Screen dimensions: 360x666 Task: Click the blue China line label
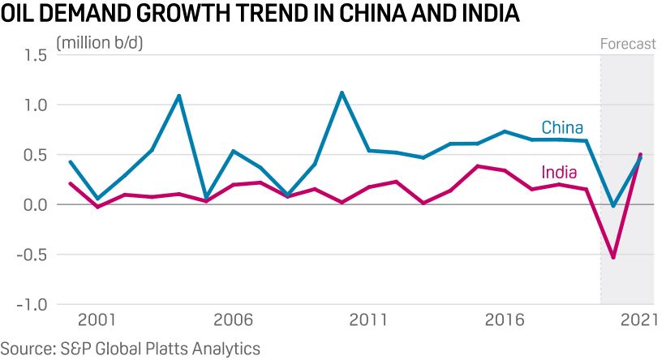click(x=562, y=127)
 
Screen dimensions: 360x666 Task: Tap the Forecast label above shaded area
click(x=627, y=44)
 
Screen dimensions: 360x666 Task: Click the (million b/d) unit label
click(x=99, y=43)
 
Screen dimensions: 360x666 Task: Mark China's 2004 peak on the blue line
click(x=178, y=96)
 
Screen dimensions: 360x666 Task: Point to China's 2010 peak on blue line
click(x=342, y=92)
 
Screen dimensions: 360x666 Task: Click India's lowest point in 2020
click(x=612, y=258)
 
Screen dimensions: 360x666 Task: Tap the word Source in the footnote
click(x=26, y=349)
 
